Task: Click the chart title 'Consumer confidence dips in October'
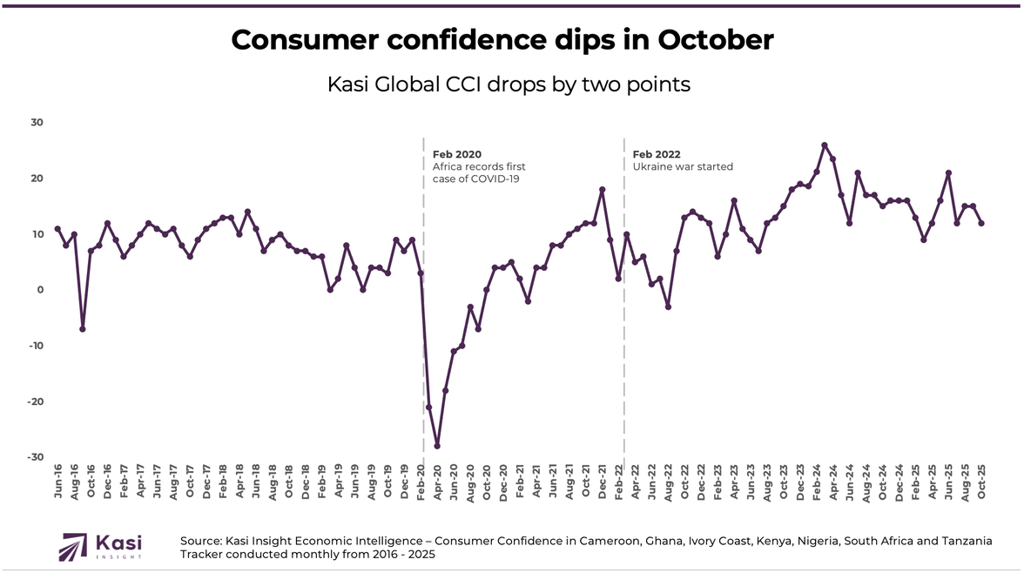tap(502, 39)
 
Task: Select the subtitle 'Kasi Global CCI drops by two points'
tap(509, 84)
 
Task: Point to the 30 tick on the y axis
tap(37, 123)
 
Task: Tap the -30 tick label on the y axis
tap(35, 457)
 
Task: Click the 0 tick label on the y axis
tap(40, 290)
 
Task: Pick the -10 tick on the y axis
tap(35, 346)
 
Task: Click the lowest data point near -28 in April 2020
tap(437, 446)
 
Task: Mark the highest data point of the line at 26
tap(825, 145)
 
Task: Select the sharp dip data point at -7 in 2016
tap(83, 329)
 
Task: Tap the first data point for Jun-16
tap(57, 229)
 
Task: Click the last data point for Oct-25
tap(982, 223)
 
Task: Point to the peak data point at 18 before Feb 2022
tap(602, 190)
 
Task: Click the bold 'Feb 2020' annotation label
tap(457, 154)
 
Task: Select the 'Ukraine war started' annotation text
tap(683, 166)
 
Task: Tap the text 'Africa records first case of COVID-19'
tap(479, 172)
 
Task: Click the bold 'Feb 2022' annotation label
tap(657, 154)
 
